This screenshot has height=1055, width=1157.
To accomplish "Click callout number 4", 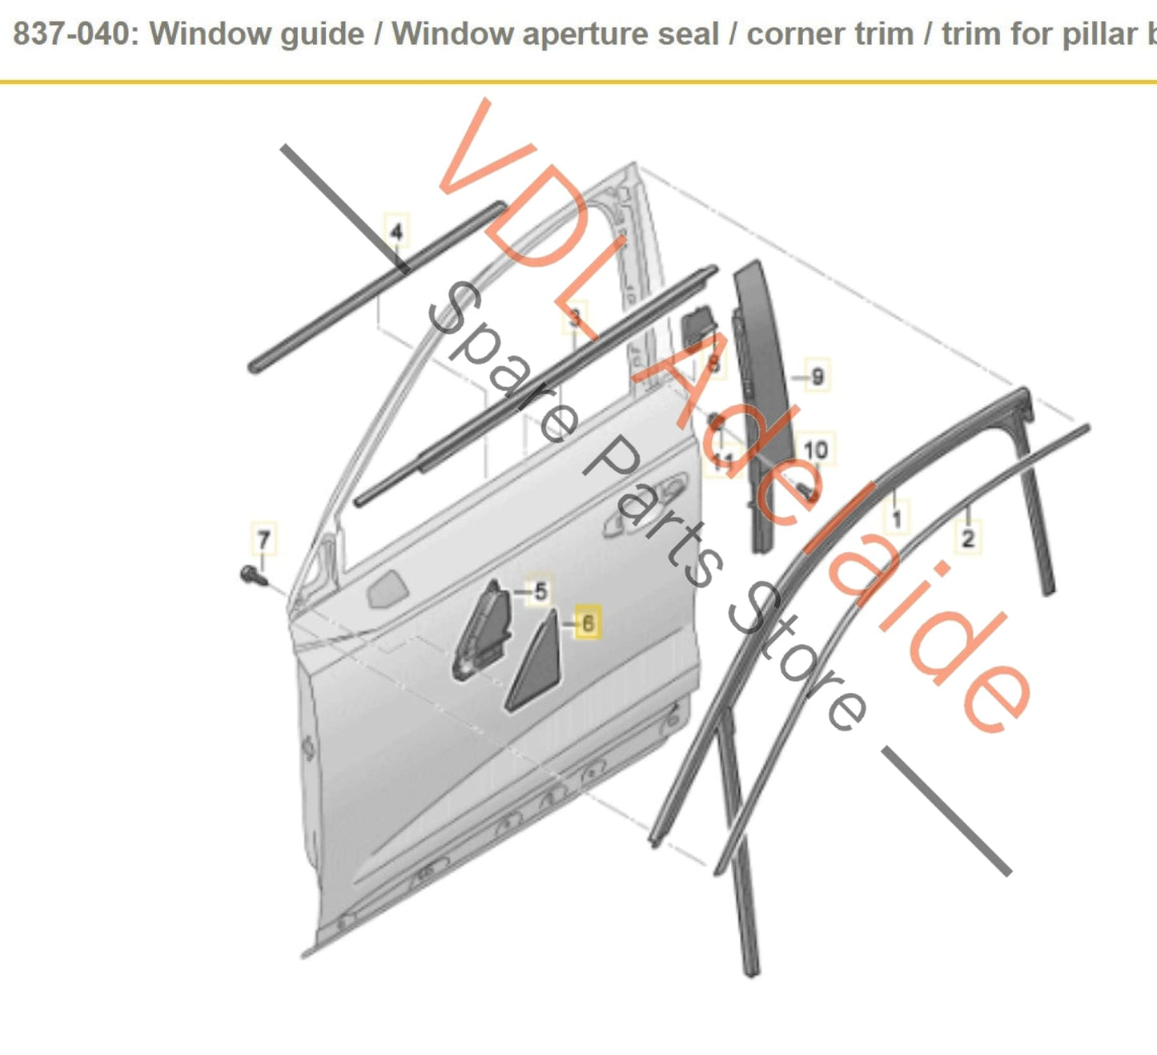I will click(x=396, y=232).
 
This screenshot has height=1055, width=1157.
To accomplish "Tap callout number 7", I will click(x=263, y=539).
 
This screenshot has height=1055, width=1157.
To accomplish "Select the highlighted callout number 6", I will click(x=588, y=622).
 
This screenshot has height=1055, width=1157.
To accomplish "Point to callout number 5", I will click(x=540, y=592).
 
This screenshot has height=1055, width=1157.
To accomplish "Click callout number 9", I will click(x=817, y=376).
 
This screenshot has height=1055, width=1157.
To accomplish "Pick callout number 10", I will click(x=815, y=450).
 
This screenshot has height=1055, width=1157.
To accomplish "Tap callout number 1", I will click(x=896, y=518).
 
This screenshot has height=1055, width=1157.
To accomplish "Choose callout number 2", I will click(x=967, y=538).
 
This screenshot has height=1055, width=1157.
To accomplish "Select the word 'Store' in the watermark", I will click(x=797, y=665).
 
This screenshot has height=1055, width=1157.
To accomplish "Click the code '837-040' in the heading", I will click(x=71, y=34).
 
